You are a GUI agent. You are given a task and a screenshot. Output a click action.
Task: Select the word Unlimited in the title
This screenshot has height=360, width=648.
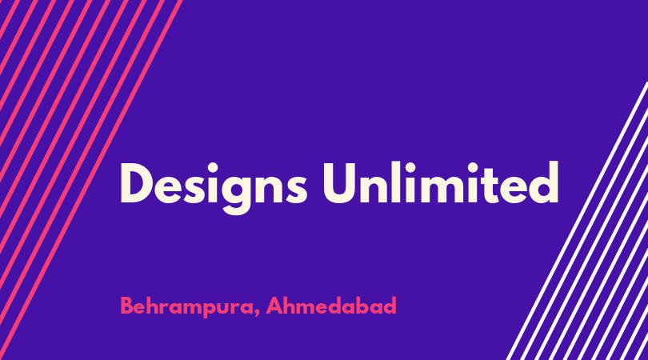pos(441,182)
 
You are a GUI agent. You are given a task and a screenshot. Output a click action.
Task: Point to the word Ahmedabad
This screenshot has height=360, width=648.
pos(331,306)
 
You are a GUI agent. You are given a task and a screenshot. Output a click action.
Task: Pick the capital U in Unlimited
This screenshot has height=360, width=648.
pos(340,183)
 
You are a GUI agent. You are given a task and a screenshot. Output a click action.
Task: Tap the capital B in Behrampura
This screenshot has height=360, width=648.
pos(127,306)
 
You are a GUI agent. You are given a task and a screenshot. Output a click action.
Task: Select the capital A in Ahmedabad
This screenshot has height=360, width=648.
pos(274,306)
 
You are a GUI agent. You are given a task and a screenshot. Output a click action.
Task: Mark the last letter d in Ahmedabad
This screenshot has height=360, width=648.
pos(390,306)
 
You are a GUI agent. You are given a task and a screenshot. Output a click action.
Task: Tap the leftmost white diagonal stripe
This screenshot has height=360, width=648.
pos(577,221)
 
